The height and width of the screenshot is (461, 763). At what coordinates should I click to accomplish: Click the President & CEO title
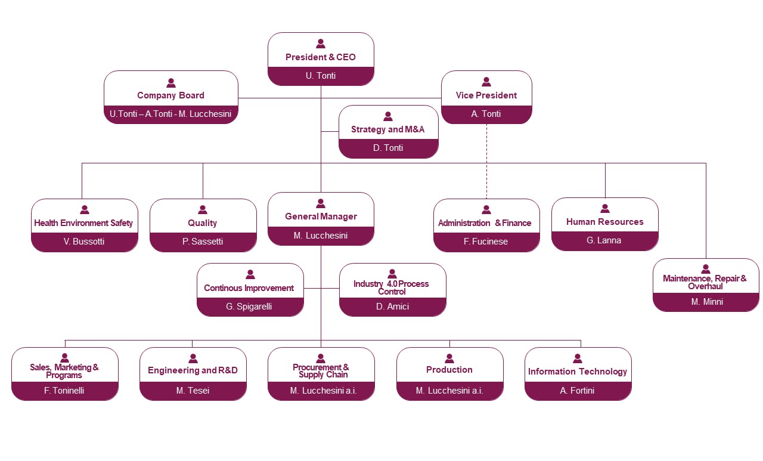click(321, 57)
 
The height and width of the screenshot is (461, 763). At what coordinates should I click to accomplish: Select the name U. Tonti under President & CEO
click(321, 76)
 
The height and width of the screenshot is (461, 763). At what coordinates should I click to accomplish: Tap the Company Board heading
click(170, 95)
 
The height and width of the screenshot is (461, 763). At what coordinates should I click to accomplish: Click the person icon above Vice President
click(486, 82)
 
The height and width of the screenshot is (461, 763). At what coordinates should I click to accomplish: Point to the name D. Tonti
click(388, 148)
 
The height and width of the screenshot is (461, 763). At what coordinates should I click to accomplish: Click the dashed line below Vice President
click(486, 161)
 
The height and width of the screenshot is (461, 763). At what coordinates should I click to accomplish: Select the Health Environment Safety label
click(83, 223)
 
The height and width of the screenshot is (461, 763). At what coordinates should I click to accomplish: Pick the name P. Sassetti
click(203, 242)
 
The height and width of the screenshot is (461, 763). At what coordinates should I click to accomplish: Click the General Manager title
click(321, 216)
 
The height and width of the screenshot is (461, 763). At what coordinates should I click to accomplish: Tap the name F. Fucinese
click(486, 242)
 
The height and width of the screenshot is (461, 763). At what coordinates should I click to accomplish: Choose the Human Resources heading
click(605, 222)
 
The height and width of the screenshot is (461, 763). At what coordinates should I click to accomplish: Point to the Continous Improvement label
click(249, 288)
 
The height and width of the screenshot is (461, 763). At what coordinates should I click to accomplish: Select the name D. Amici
click(393, 307)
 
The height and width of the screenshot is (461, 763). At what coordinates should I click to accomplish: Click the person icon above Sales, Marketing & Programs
click(65, 358)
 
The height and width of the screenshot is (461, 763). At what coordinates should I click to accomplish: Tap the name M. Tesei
click(193, 391)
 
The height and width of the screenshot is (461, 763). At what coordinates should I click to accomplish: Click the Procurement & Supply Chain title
click(321, 371)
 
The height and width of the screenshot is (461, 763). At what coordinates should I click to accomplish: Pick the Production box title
click(449, 370)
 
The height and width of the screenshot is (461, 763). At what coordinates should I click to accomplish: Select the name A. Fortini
click(578, 391)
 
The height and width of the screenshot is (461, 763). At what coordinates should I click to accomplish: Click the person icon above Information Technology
click(578, 358)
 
